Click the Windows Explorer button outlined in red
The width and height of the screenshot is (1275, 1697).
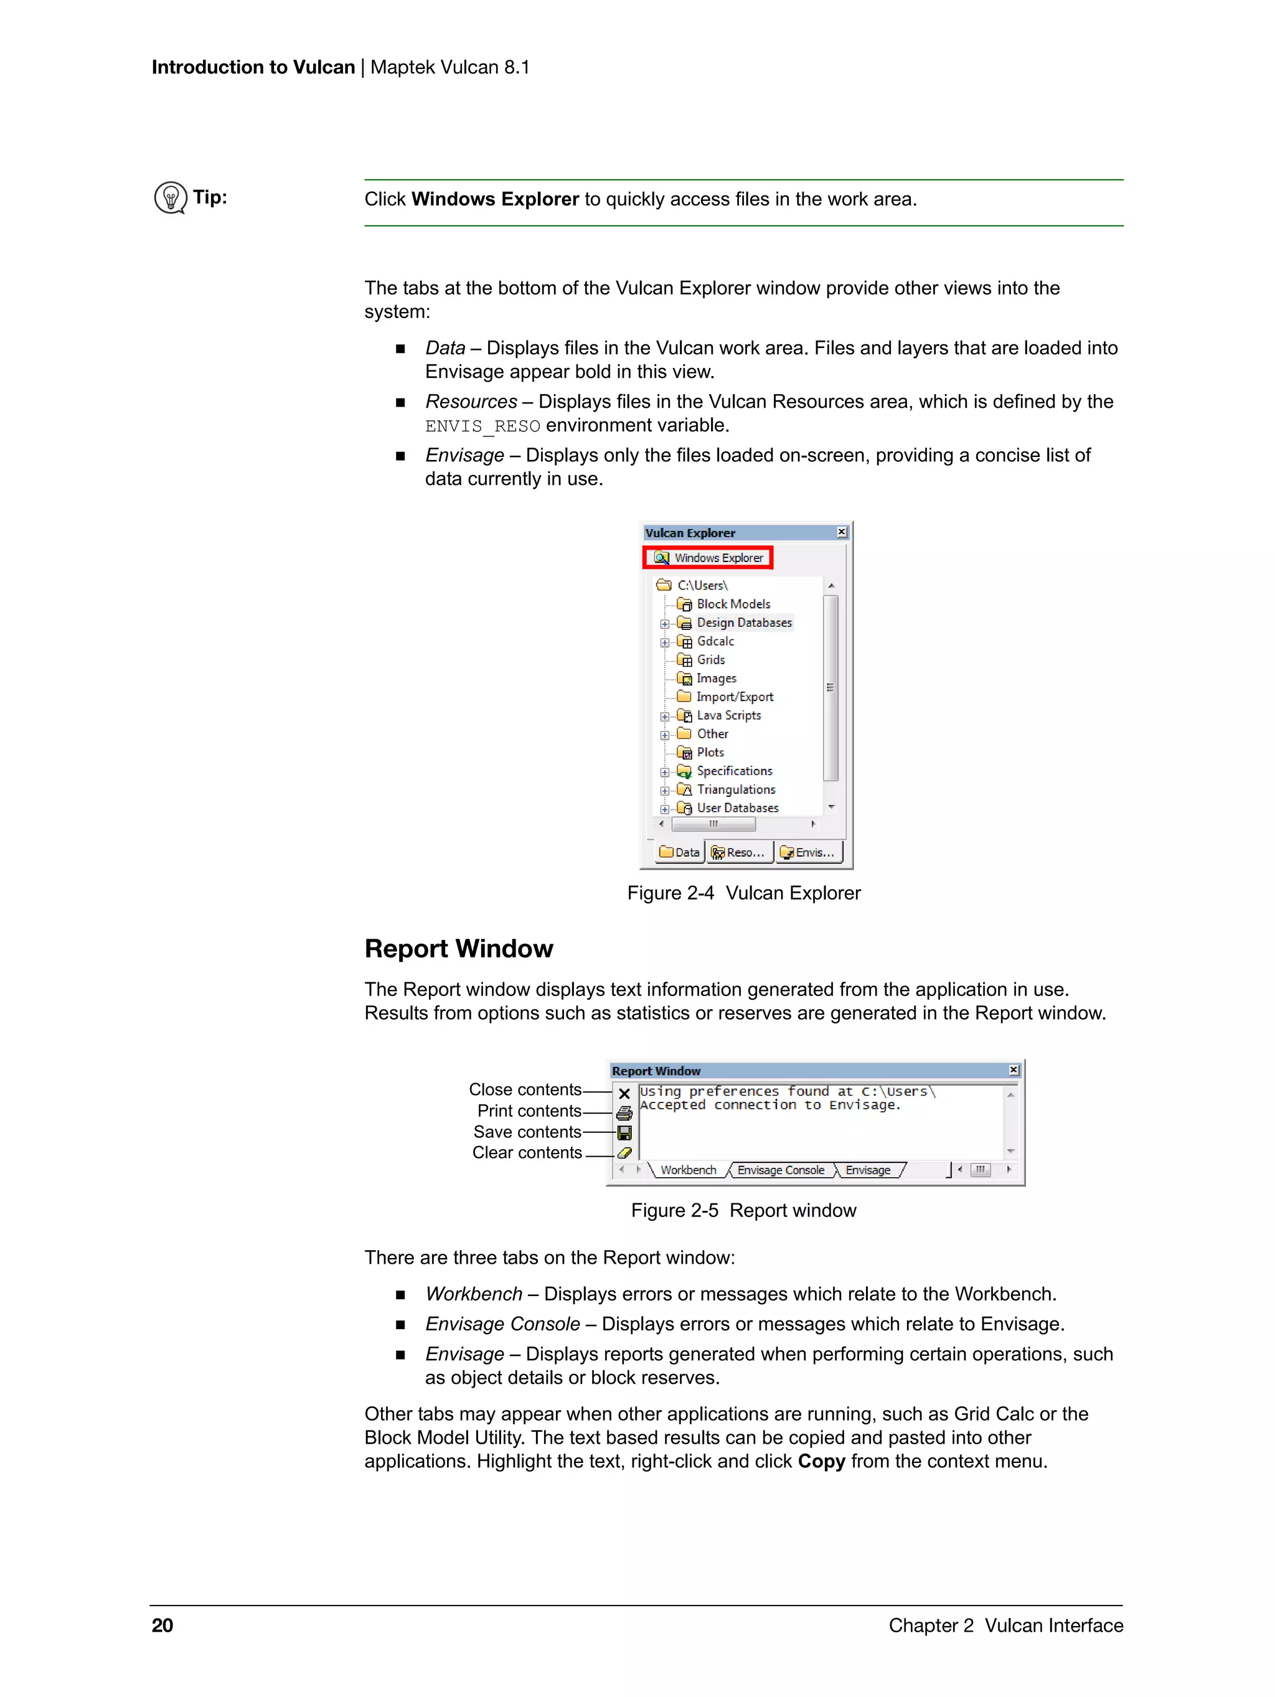(707, 558)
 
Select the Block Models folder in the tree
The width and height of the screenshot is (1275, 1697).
(733, 604)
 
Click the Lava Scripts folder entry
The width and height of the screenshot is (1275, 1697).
(728, 715)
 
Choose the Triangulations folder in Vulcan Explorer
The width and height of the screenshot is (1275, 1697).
(735, 789)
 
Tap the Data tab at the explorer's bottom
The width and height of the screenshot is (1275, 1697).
(680, 852)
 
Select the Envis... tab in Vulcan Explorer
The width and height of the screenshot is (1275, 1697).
(808, 852)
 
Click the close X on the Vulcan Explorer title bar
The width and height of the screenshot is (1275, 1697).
(842, 532)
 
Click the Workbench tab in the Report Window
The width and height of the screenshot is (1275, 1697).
(688, 1170)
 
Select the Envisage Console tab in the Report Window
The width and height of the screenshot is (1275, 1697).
(780, 1170)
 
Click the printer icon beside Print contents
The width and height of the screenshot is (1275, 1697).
(624, 1113)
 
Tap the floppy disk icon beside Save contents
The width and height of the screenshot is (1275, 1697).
(624, 1133)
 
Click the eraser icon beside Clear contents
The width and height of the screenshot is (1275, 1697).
(624, 1153)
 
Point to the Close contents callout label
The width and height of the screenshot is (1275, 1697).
(525, 1089)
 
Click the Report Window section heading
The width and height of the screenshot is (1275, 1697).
(458, 949)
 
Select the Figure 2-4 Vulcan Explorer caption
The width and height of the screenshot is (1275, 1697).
(743, 893)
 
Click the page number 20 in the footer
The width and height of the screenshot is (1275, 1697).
(162, 1625)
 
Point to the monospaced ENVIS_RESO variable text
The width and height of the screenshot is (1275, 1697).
(482, 426)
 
